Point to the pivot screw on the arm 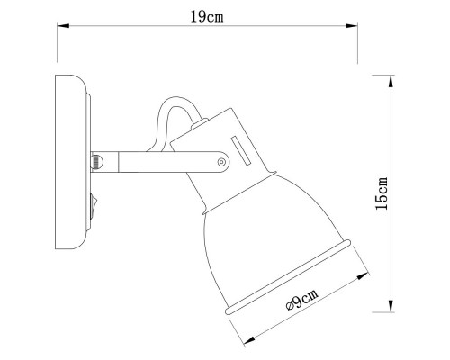point(222,162)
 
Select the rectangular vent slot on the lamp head point(239,149)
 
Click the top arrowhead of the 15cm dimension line point(391,80)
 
